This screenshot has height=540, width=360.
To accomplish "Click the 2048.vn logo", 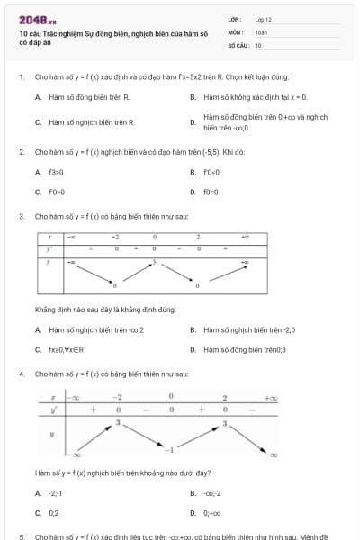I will tap(31, 19).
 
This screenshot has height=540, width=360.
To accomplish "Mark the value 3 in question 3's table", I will tap(154, 261).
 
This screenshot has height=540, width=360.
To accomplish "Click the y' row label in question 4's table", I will tap(56, 409).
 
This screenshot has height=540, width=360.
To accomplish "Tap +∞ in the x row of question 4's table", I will tap(271, 397).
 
